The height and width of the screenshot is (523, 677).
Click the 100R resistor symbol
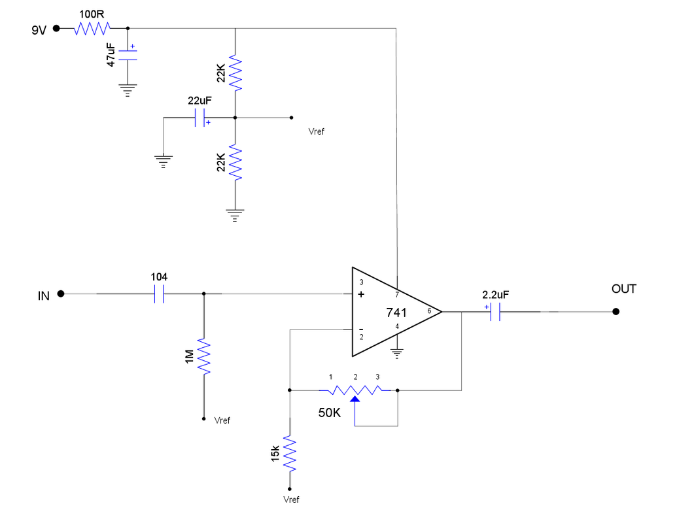92,28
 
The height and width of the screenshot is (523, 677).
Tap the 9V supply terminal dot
56,28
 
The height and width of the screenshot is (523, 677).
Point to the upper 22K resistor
235,73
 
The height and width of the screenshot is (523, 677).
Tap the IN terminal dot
60,294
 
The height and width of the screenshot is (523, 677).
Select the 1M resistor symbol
204,357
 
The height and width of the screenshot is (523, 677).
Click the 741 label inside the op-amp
396,312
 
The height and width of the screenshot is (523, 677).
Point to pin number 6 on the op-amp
429,311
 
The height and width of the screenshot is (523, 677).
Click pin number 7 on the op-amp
397,294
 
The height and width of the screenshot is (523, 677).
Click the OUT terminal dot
615,312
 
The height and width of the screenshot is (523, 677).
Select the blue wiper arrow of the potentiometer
355,399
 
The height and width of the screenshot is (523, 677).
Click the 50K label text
330,413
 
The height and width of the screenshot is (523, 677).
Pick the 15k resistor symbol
289,454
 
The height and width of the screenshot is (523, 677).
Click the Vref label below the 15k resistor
292,499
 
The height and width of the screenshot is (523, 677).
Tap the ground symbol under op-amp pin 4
397,354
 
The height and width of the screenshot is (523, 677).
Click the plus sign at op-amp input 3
361,295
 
